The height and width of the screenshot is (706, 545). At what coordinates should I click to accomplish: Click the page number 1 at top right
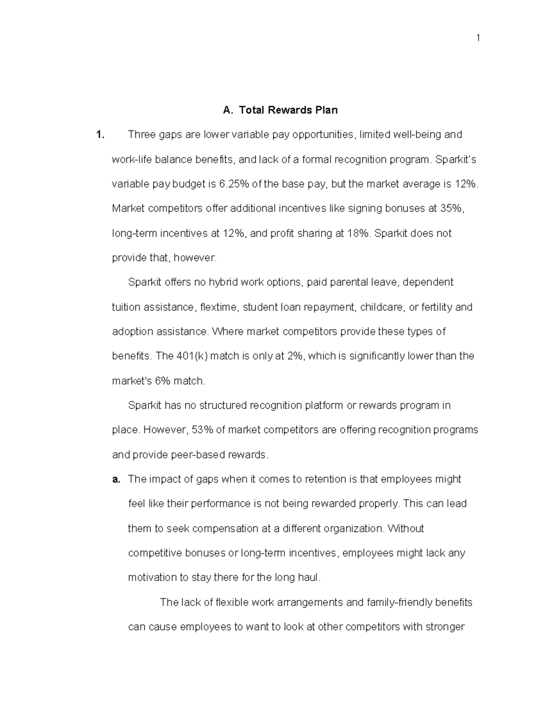pos(478,38)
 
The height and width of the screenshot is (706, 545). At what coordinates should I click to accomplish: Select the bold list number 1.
pos(100,135)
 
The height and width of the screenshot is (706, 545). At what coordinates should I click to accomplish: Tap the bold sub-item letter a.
pos(116,479)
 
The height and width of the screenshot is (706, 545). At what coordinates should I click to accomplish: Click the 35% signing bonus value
pos(452,209)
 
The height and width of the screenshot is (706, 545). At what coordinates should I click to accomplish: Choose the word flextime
pos(218,307)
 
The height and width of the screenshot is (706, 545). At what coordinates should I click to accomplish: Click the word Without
pos(406,529)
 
